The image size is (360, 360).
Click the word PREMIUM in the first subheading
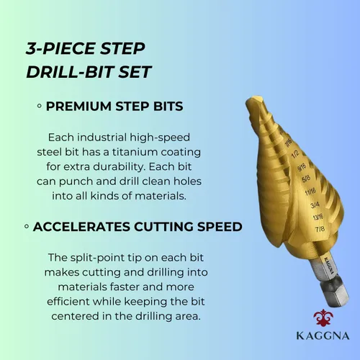point(79,106)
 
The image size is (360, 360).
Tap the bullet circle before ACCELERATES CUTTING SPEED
point(27,226)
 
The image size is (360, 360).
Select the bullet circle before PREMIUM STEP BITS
point(40,106)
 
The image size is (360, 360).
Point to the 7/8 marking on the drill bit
point(320,229)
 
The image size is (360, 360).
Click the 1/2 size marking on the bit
point(295,154)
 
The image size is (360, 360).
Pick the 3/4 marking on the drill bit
point(315,205)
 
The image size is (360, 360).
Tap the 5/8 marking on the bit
point(306,179)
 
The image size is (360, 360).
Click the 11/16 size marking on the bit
point(310,192)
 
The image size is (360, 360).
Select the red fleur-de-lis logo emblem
point(323,318)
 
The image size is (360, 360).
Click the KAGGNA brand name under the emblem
point(323,336)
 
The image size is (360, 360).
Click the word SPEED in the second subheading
point(220,227)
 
